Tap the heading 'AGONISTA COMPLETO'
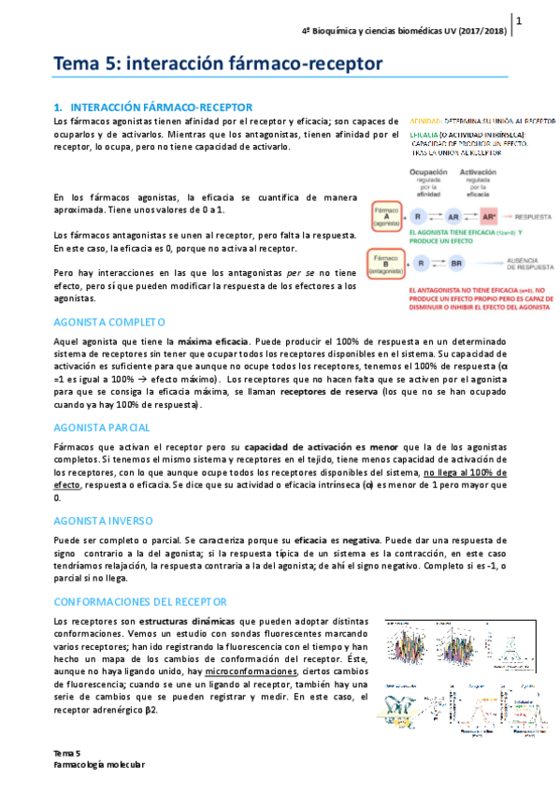coord(109,321)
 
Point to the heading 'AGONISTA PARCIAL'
coord(104,427)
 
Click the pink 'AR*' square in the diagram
coord(488,215)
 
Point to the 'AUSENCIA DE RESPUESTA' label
coord(530,264)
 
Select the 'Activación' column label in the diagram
coord(484,173)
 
